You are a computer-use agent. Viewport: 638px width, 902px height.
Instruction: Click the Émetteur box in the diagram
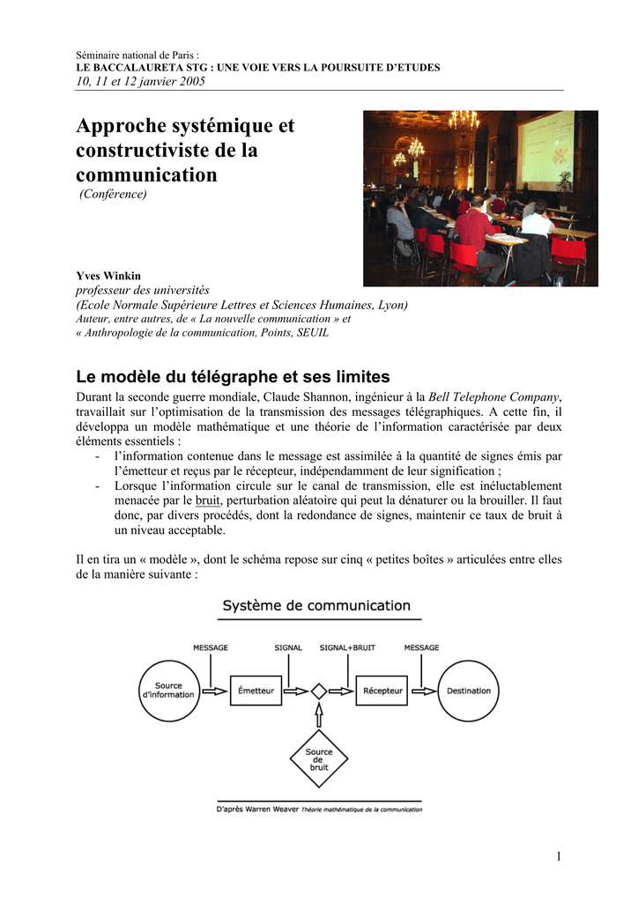coord(256,691)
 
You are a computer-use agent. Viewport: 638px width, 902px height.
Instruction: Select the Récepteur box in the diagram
coord(382,691)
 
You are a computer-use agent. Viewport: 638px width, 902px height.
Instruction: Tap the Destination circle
coord(468,691)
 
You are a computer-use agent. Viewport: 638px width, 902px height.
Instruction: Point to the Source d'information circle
coord(168,691)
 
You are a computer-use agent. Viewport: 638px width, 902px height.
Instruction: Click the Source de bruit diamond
coord(319,758)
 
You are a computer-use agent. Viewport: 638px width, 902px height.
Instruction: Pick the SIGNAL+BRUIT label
coord(347,647)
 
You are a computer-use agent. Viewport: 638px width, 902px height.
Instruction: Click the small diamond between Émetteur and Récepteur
coord(319,691)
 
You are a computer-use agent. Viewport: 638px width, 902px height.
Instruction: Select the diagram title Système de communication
coord(316,606)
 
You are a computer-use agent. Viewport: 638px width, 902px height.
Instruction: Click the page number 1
coord(559,856)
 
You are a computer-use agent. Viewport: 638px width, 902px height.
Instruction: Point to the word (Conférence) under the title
coord(113,194)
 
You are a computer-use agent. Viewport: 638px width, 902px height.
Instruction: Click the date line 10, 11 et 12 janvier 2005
coord(141,81)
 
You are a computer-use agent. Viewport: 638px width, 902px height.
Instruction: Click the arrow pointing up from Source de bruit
coord(319,714)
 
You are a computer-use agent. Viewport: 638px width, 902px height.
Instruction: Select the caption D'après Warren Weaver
coord(257,809)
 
